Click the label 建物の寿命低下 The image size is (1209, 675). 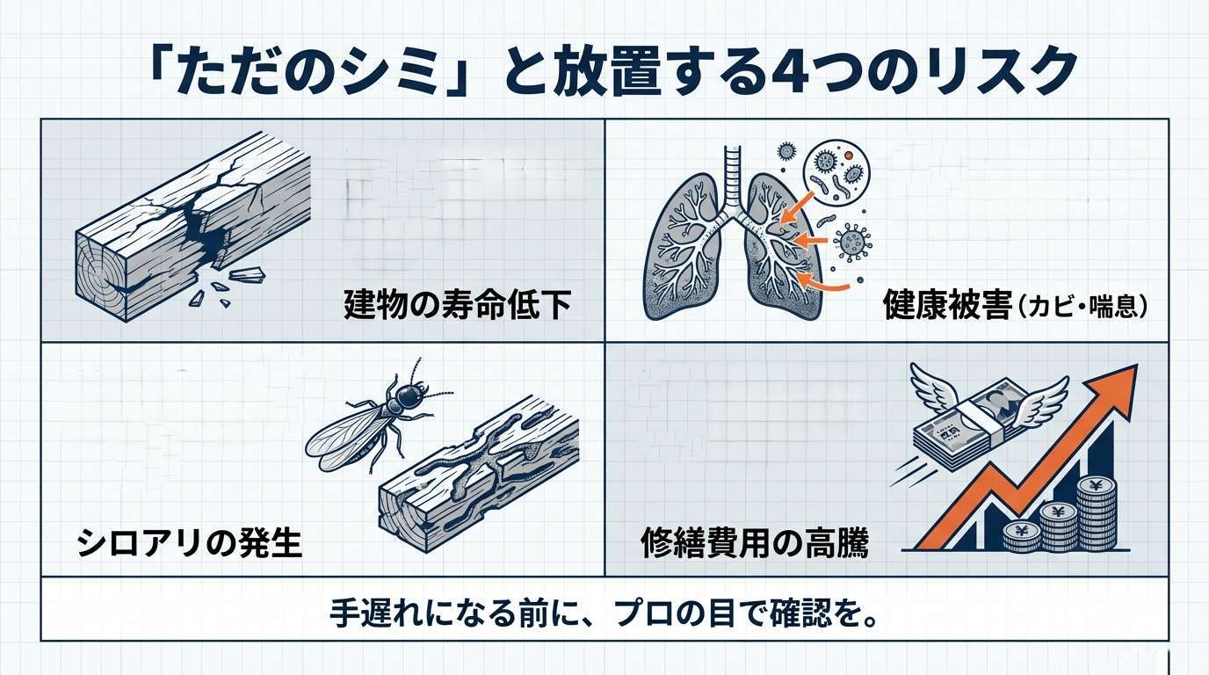point(457,305)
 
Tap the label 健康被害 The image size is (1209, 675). point(948,305)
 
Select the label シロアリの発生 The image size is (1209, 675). point(189,541)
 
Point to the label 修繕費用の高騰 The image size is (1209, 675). point(755,541)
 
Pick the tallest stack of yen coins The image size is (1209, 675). point(1096,513)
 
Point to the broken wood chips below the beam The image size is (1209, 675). point(227,287)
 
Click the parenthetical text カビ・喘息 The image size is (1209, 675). point(1082,307)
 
